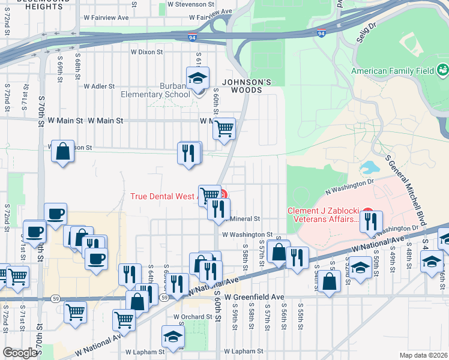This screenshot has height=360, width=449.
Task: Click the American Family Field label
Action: [393, 71]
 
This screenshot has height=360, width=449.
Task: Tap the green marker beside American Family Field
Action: [442, 70]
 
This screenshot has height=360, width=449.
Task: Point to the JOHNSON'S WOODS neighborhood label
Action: [243, 86]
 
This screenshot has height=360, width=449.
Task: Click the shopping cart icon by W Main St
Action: [224, 128]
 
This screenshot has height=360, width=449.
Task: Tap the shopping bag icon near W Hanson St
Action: [62, 152]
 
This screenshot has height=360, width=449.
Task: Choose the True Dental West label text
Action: [163, 196]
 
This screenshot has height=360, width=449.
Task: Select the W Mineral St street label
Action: [243, 219]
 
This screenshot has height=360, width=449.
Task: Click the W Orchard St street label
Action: [193, 316]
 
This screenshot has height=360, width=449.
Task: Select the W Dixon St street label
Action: [146, 52]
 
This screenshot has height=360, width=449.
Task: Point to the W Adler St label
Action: [99, 86]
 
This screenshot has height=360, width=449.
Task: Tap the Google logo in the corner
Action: [20, 353]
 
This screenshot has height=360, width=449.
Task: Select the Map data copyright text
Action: [424, 355]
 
